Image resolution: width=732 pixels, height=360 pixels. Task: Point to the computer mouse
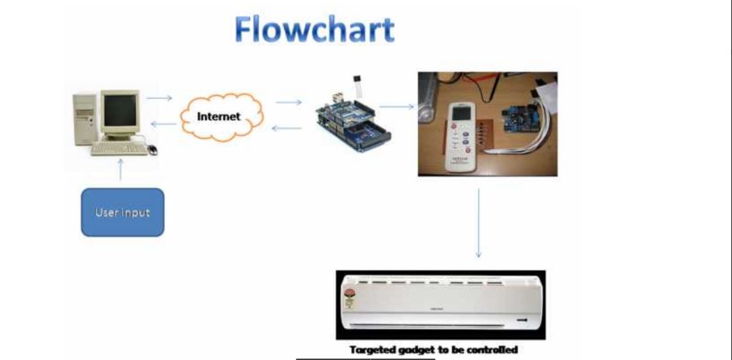[x=152, y=149]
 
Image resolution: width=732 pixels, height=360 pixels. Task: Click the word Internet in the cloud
[x=219, y=116]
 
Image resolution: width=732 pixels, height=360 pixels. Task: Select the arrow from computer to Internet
[x=159, y=97]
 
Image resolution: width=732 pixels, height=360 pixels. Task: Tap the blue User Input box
[x=123, y=212]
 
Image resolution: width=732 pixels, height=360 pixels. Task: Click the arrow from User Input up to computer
[x=121, y=169]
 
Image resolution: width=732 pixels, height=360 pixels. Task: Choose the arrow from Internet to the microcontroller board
[x=289, y=102]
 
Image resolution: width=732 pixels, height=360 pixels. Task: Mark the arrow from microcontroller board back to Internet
[x=286, y=128]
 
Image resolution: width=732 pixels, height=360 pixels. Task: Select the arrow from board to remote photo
[x=396, y=107]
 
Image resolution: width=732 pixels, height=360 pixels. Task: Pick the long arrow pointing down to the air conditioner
[x=478, y=223]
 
